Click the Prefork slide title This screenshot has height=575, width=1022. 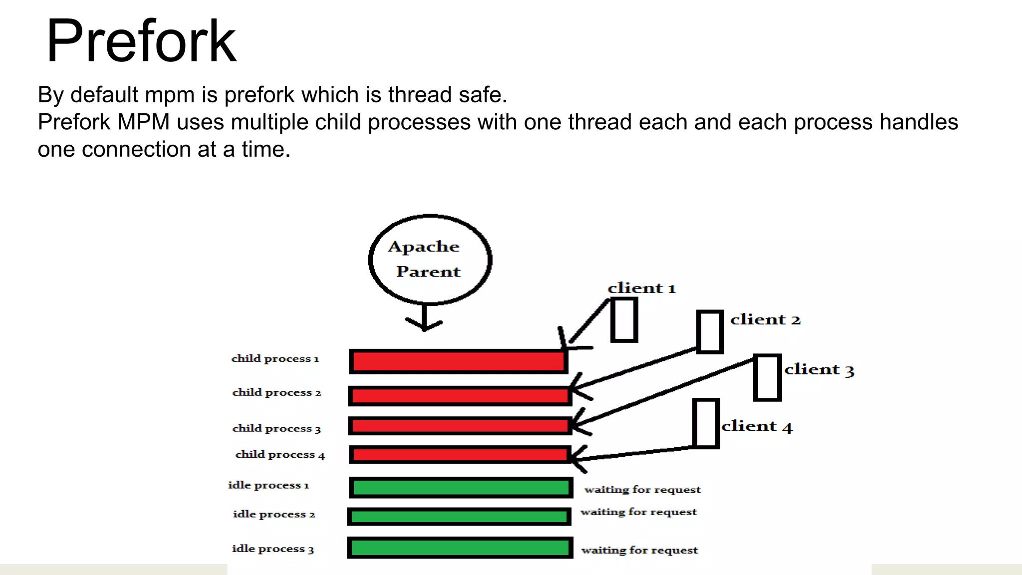(141, 41)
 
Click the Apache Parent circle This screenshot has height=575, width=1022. (430, 260)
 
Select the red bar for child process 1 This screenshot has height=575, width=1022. (459, 361)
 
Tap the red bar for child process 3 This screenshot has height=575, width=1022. (460, 426)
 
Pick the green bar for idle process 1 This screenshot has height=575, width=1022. (461, 488)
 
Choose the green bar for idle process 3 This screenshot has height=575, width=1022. (460, 548)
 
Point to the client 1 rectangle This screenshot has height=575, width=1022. (624, 320)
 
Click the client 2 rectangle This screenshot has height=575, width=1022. (710, 332)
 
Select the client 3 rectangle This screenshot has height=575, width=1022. (767, 377)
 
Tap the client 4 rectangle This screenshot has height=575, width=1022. (706, 423)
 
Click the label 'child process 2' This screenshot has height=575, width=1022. (276, 392)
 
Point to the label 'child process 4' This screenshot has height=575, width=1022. (280, 454)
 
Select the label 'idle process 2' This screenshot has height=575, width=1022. (274, 514)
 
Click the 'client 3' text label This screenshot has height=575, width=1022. (819, 369)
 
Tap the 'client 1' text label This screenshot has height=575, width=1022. (642, 288)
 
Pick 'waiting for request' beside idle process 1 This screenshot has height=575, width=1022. (643, 490)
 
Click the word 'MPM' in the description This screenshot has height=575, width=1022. (143, 122)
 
